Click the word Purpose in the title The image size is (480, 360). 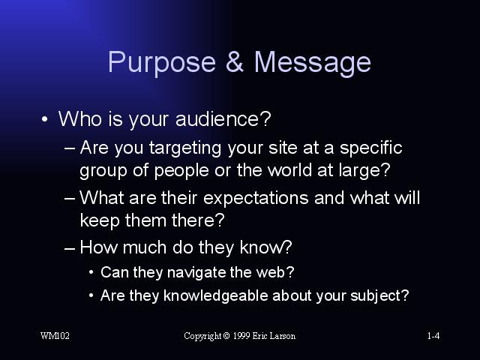coord(162,63)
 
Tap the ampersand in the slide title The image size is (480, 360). coord(235,61)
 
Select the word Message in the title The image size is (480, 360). coord(313,63)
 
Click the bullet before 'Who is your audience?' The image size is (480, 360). coord(45,119)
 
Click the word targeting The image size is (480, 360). coord(185,148)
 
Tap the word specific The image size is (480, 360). coord(371,148)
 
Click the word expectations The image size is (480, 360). coord(256,199)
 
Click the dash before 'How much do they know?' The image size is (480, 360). coord(70,248)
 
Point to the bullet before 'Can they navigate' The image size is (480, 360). coord(91,272)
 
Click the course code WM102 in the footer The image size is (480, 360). coord(55,336)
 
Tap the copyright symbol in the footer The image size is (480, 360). coord(226,336)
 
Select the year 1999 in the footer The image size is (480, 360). coord(241,336)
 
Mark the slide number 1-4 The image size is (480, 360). coord(433,336)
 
